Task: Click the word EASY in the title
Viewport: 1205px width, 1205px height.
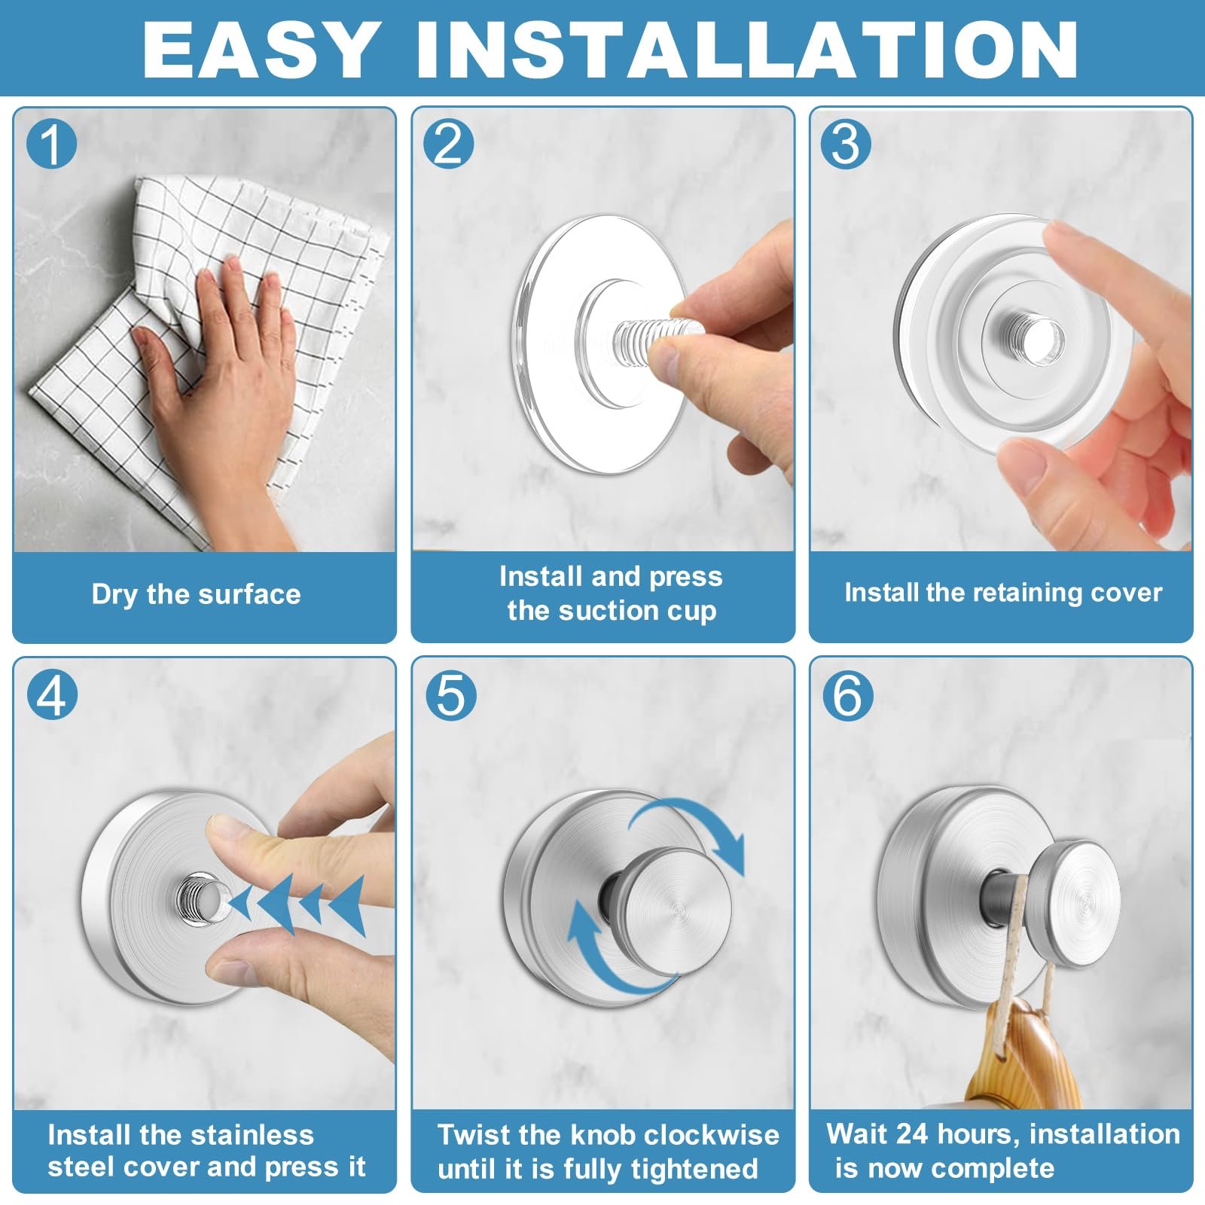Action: click(x=260, y=49)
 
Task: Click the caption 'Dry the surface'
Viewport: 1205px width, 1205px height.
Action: click(x=196, y=594)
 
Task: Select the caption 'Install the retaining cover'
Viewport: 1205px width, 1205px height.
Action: click(x=1003, y=593)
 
